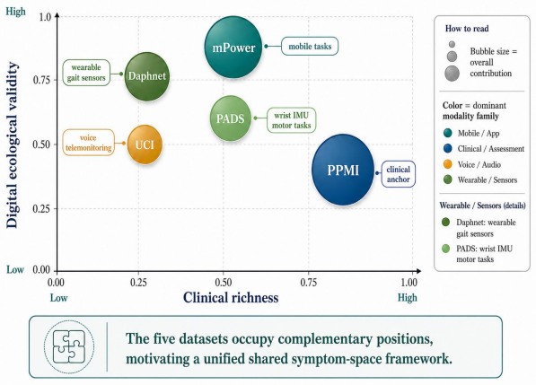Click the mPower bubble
click(x=233, y=48)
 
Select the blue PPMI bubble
click(x=343, y=170)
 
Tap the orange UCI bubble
click(x=145, y=144)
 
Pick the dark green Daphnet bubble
click(x=146, y=76)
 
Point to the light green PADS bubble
click(x=231, y=118)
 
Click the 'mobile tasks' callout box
click(x=310, y=46)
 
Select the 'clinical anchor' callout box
click(x=399, y=174)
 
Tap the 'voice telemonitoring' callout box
click(x=89, y=143)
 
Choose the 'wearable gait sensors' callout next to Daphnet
click(x=86, y=73)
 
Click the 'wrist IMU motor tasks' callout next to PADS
click(x=291, y=120)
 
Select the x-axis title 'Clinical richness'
click(x=231, y=298)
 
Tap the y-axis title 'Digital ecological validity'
click(x=12, y=144)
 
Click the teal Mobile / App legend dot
click(x=447, y=133)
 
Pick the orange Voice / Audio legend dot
click(x=447, y=164)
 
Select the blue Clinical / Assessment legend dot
click(x=447, y=149)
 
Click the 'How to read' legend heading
click(x=467, y=29)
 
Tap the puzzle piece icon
click(x=69, y=346)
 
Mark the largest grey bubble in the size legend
click(x=452, y=74)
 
